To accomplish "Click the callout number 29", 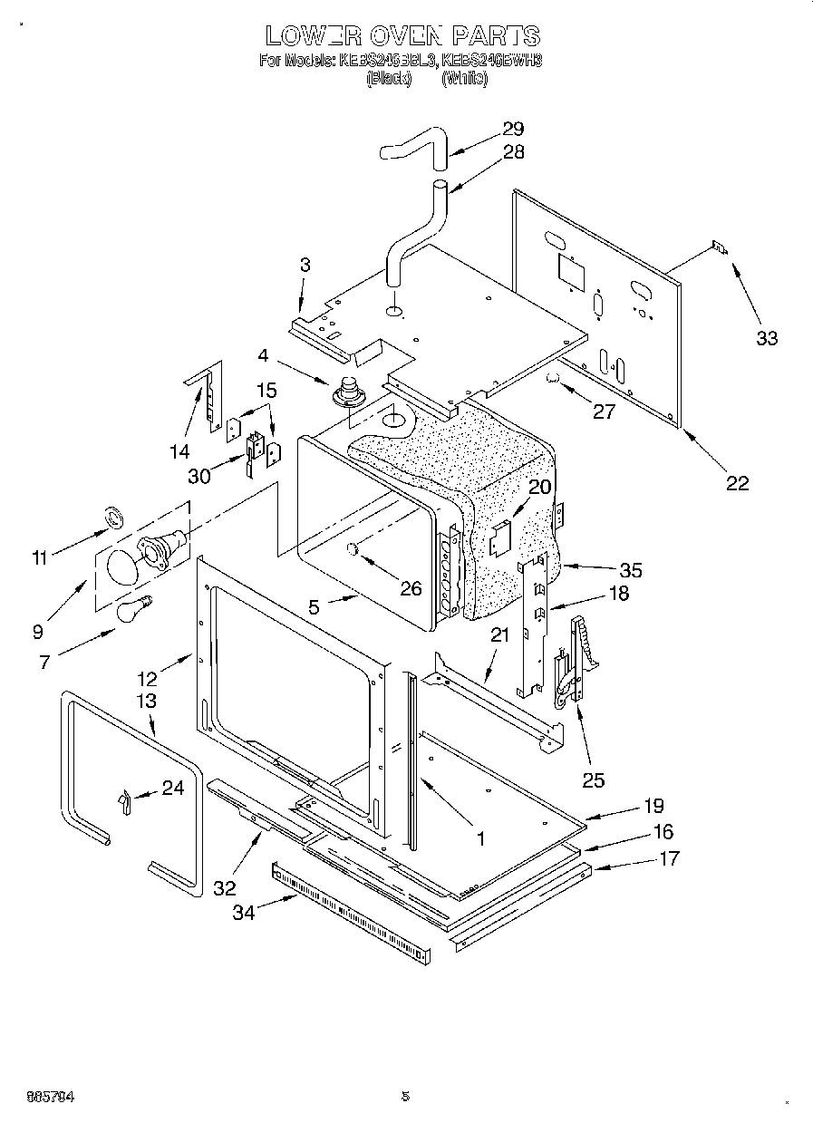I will tap(513, 129).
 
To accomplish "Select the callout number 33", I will tap(767, 338).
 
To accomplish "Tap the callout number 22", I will tap(738, 483).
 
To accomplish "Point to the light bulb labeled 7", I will tap(132, 608).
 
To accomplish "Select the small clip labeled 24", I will tap(125, 800).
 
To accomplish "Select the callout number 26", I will tap(411, 588).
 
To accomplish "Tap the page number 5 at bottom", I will tap(405, 1096).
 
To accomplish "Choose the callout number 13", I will tap(146, 701).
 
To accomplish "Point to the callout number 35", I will tap(630, 570).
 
